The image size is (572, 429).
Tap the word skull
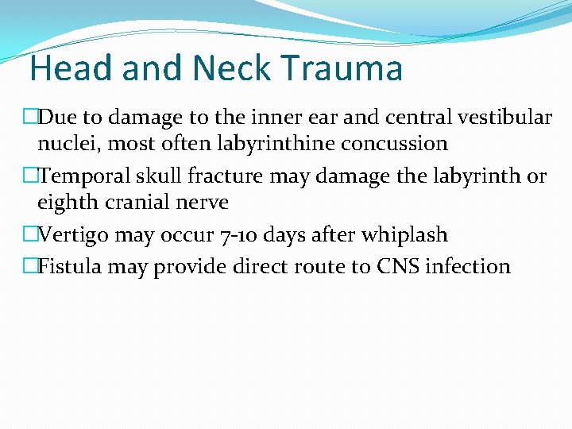149,176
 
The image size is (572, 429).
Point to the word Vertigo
71,234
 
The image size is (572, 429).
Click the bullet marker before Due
29,118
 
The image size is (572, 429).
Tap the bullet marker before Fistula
29,266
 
